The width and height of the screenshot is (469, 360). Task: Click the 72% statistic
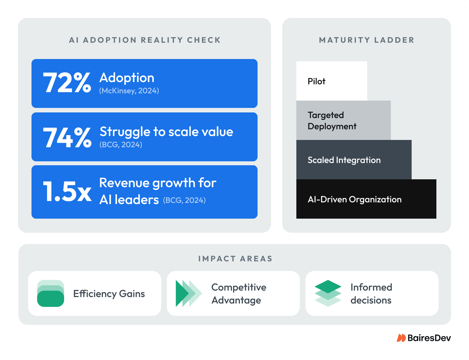[x=67, y=83]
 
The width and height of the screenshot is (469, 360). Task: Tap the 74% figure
[x=67, y=137]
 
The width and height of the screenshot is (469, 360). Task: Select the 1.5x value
[x=67, y=192]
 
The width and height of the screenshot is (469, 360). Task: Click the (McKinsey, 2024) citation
[x=129, y=91]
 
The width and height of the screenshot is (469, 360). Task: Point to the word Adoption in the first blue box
[x=127, y=78]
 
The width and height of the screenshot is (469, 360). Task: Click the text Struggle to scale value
[x=166, y=132]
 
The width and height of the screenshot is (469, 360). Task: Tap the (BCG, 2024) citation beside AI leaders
[x=184, y=200]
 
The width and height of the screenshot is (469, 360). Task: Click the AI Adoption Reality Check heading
[x=145, y=40]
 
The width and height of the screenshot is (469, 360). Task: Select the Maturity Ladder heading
[x=367, y=40]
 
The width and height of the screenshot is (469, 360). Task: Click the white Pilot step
[x=332, y=81]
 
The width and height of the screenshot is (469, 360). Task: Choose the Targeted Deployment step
[x=343, y=120]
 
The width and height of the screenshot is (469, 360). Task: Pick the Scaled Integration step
[x=354, y=160]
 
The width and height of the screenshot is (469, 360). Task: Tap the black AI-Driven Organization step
[x=366, y=199]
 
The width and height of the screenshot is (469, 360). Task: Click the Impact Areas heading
[x=235, y=259]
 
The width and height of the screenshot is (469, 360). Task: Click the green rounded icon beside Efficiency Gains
[x=51, y=293]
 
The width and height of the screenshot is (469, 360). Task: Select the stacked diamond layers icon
[x=328, y=293]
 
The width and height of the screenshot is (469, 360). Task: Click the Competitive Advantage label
[x=239, y=294]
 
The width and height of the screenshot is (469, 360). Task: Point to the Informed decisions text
[x=371, y=294]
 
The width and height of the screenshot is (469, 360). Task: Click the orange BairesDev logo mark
[x=401, y=338]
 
